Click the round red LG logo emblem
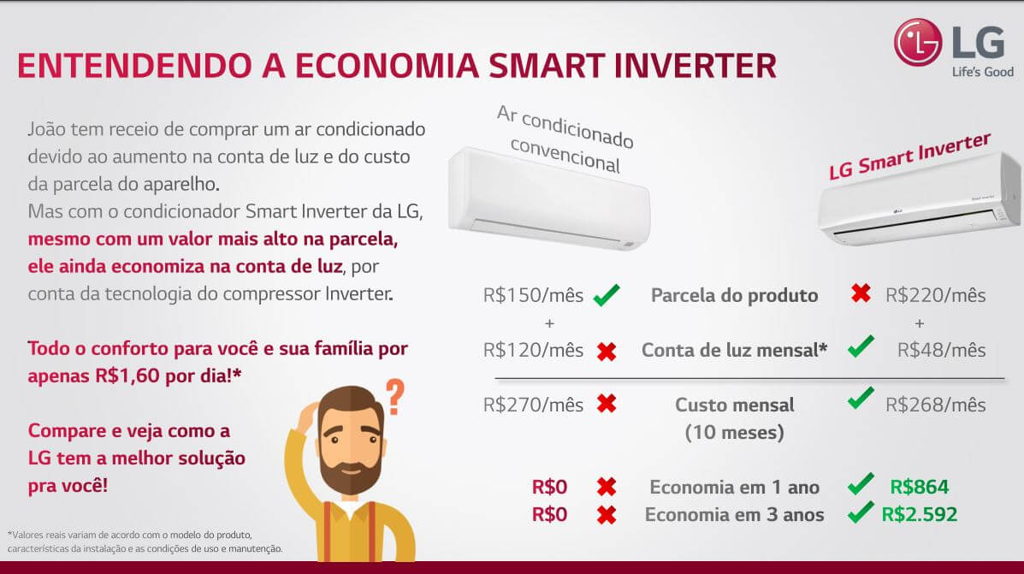(918, 42)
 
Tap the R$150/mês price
(533, 295)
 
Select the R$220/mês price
(935, 295)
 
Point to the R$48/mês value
(941, 350)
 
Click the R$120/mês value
(533, 350)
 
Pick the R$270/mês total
(533, 405)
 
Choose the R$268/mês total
(935, 405)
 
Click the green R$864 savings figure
(920, 487)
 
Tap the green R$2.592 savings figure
(920, 515)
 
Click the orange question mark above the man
(394, 397)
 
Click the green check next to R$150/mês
(607, 294)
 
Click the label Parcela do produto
(734, 295)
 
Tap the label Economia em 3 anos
(734, 515)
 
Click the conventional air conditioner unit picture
(549, 198)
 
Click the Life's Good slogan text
(982, 72)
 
